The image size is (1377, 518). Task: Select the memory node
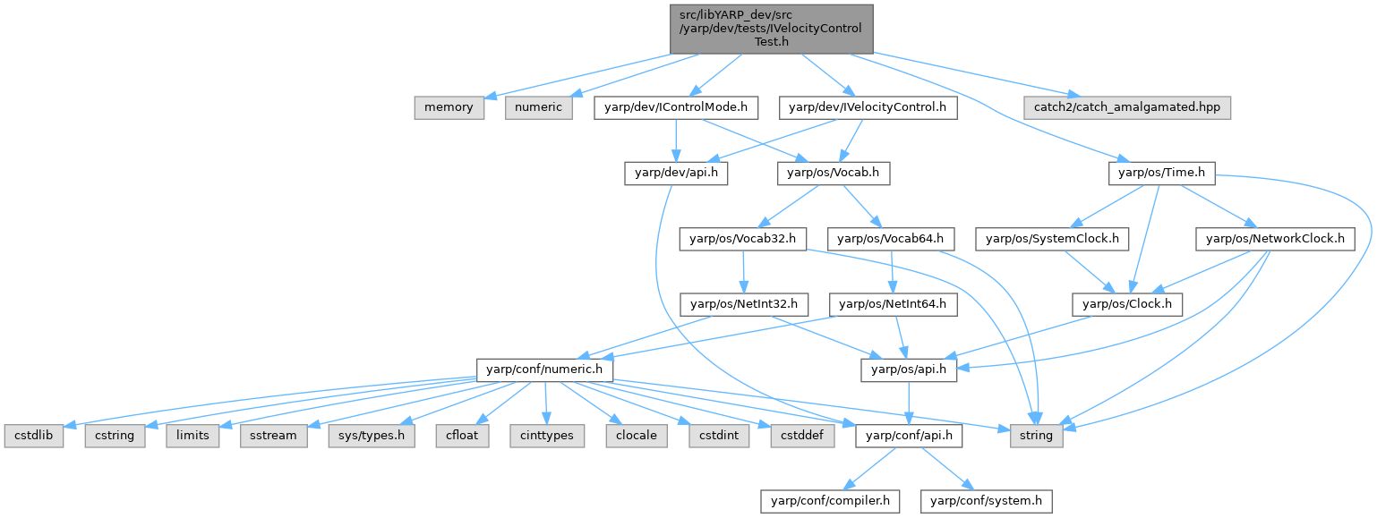(x=449, y=107)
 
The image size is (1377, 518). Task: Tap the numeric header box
(x=539, y=107)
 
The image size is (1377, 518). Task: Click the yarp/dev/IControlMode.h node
(x=676, y=107)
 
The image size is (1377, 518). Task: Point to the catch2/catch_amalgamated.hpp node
(x=1127, y=107)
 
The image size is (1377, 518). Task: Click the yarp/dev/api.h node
(x=676, y=174)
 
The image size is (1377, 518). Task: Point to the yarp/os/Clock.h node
(x=1127, y=305)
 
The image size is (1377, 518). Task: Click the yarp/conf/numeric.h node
(x=545, y=369)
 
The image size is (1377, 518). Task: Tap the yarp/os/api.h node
(x=909, y=369)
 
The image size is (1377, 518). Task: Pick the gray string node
(x=1037, y=436)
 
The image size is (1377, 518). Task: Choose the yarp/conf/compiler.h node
(x=829, y=501)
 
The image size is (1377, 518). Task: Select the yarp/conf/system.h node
(x=987, y=501)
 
